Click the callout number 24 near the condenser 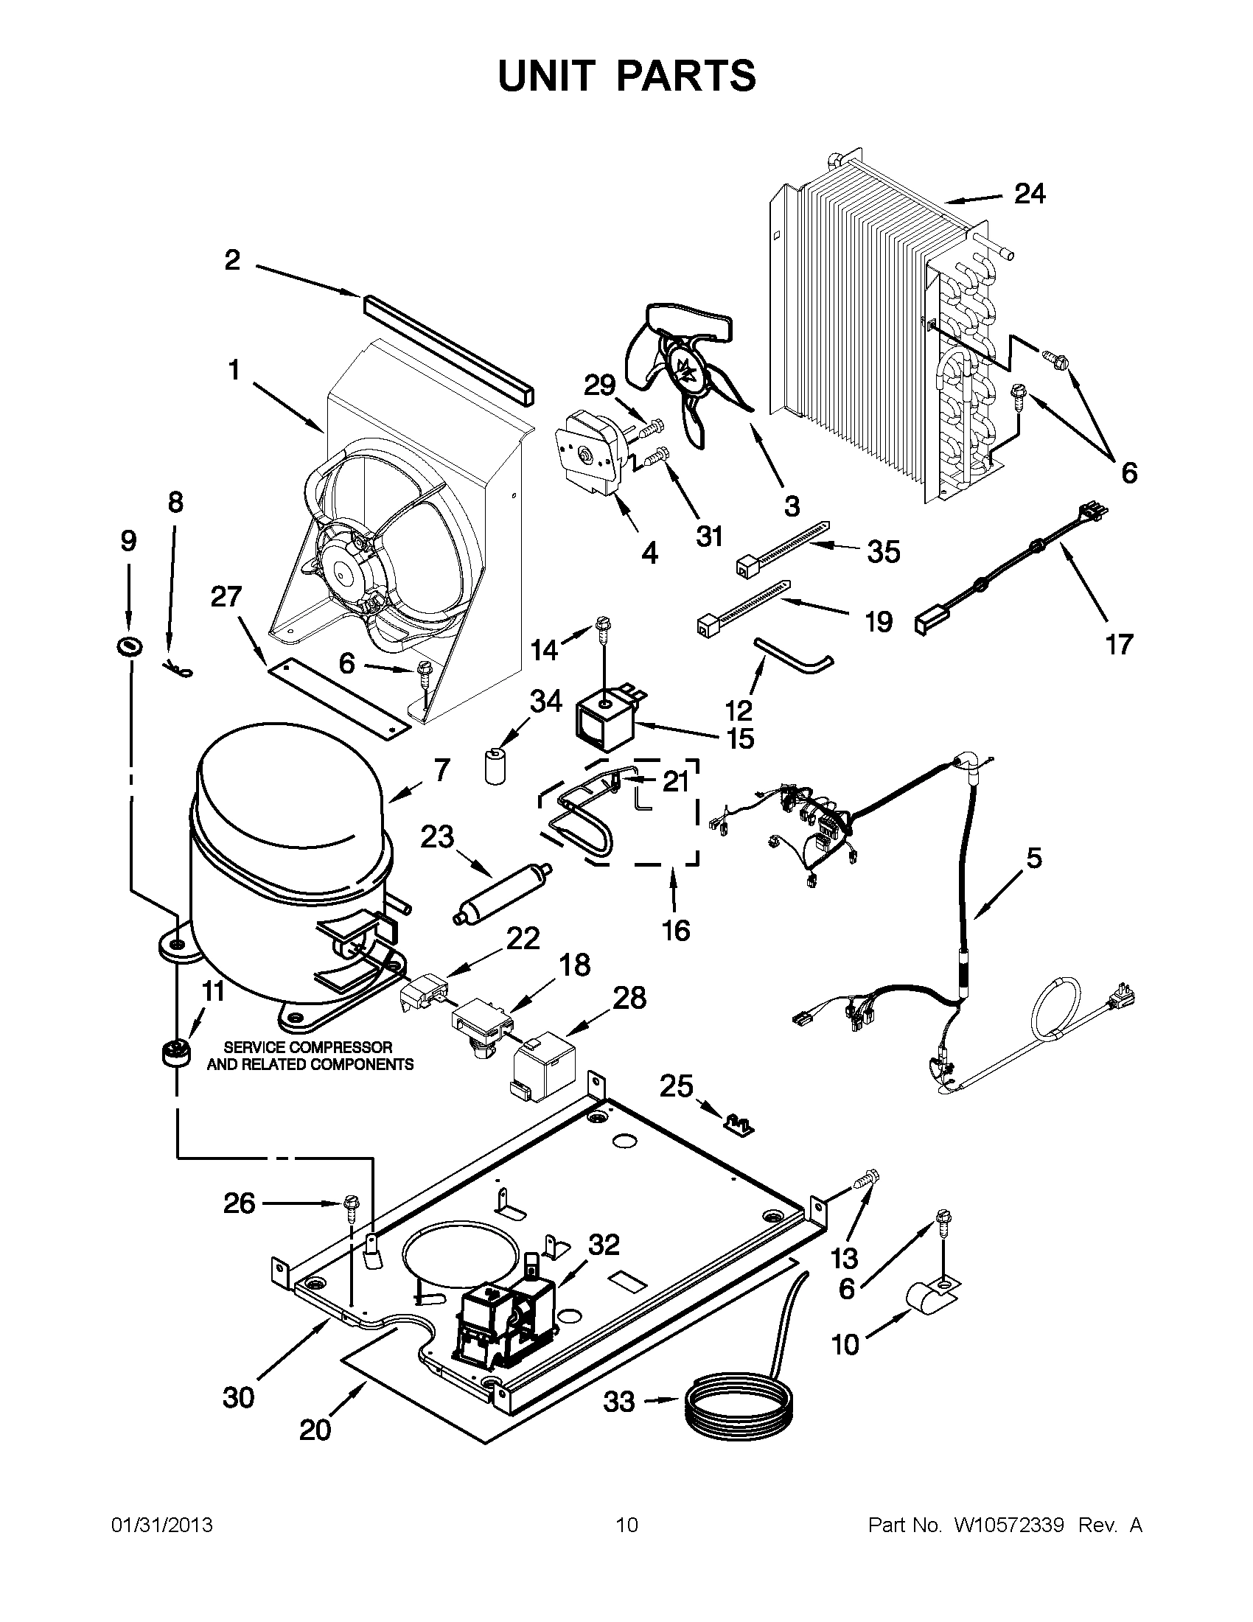[x=1030, y=195]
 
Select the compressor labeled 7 [x=290, y=869]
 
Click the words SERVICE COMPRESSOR [x=308, y=1047]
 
